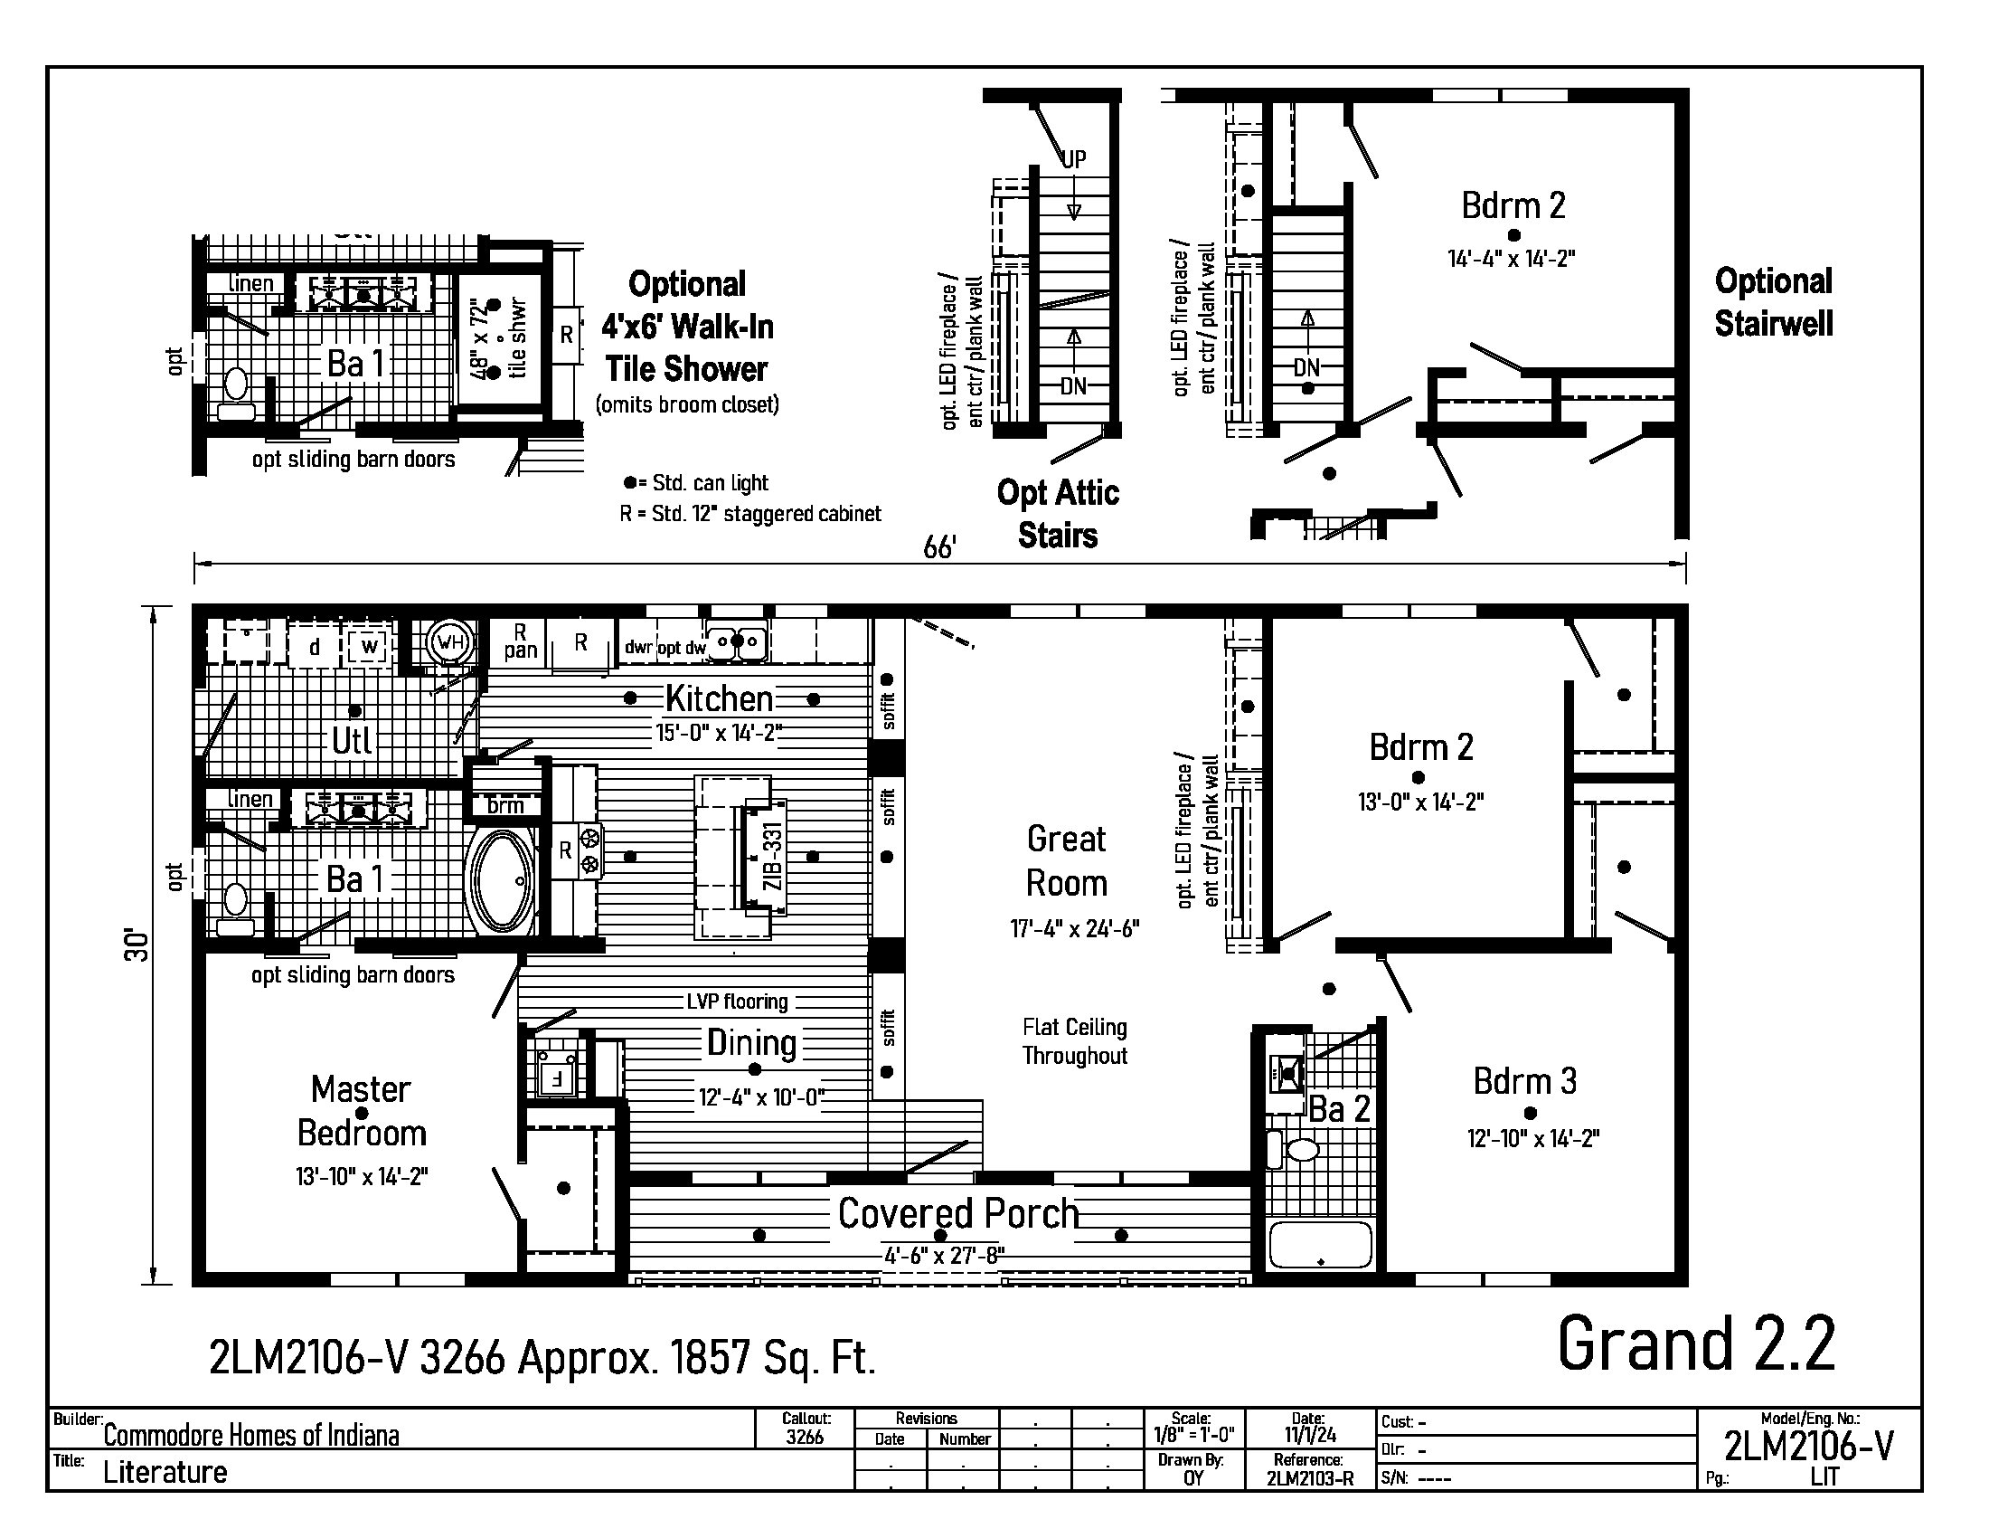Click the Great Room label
coord(1067,861)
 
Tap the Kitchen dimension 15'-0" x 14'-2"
coord(720,733)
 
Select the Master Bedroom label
coord(362,1111)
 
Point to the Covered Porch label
coord(958,1213)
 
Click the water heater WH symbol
coord(451,641)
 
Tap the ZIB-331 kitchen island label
coord(772,857)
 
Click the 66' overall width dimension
coord(939,547)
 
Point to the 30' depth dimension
coord(136,945)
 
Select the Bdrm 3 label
coord(1524,1081)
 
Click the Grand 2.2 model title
coord(1696,1343)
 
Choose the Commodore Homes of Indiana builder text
coord(251,1436)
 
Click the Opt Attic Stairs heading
coord(1058,514)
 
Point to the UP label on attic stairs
coord(1075,158)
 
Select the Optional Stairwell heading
coord(1773,302)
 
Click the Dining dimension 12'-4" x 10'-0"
coord(760,1098)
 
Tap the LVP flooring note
coord(737,1002)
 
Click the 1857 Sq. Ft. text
coord(772,1359)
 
